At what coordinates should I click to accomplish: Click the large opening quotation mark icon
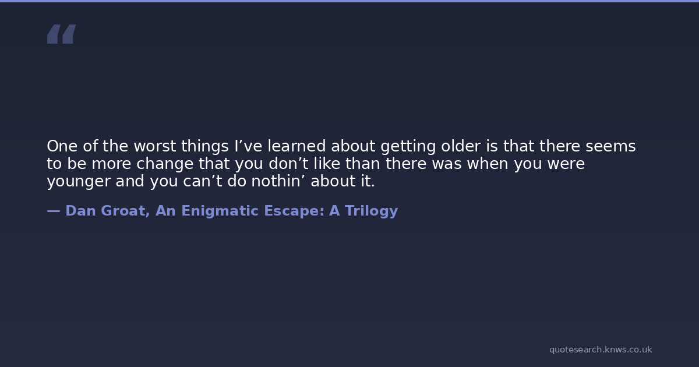tap(62, 34)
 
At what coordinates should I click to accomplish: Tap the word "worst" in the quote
tap(155, 146)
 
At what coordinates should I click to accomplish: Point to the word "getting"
tap(408, 146)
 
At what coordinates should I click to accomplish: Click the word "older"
tap(461, 146)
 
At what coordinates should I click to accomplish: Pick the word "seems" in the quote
tap(610, 146)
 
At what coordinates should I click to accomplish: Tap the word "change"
tap(165, 164)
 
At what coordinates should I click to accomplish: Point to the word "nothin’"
tap(278, 181)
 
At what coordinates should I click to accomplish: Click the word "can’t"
tap(202, 181)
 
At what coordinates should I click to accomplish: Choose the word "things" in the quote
tap(205, 146)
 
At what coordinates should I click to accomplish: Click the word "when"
tap(488, 164)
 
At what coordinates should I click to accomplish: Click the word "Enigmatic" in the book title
tap(220, 211)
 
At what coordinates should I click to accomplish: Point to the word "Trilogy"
tap(372, 211)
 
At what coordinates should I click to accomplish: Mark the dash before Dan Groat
tap(54, 211)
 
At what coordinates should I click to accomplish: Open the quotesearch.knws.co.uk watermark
tap(601, 350)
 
